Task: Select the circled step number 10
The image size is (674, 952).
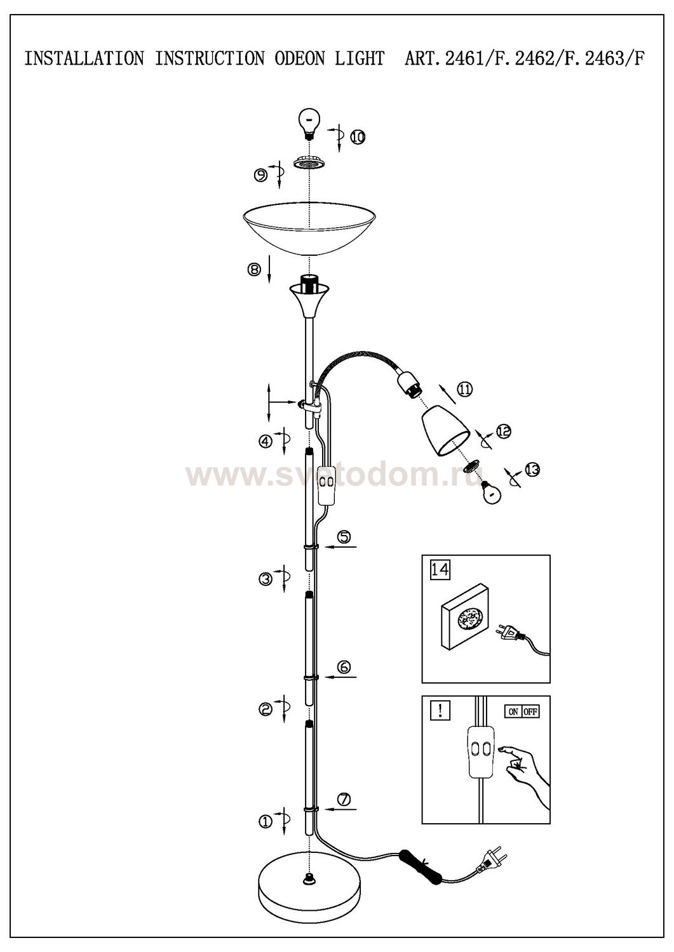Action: pos(357,137)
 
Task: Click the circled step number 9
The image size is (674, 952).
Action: pos(260,175)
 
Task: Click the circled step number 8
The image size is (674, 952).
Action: pos(254,270)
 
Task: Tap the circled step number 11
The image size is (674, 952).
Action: pos(464,389)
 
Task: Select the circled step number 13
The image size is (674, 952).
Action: pos(532,470)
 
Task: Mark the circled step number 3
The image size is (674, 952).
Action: pos(265,578)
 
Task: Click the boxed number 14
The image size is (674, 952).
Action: pos(440,569)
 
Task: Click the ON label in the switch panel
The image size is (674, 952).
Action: pos(513,711)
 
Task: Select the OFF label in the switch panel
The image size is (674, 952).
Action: pos(530,711)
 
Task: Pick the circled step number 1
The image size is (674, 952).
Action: pos(265,822)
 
